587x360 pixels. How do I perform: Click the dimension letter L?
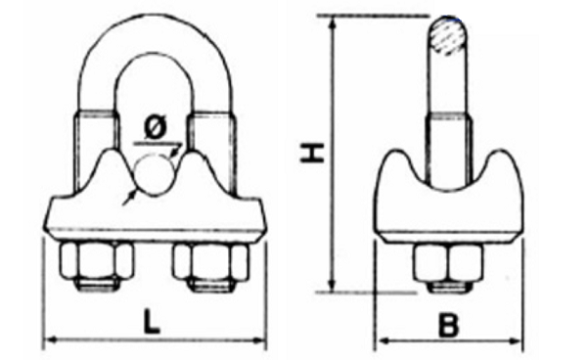click(x=152, y=322)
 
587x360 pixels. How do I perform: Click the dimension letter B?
click(x=449, y=325)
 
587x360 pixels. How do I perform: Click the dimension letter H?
click(x=312, y=153)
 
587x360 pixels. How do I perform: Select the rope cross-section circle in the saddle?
click(x=155, y=175)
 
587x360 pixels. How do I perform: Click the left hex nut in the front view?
click(x=97, y=261)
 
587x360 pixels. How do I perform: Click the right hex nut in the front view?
click(x=211, y=261)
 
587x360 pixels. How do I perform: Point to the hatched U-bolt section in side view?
click(x=448, y=35)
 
